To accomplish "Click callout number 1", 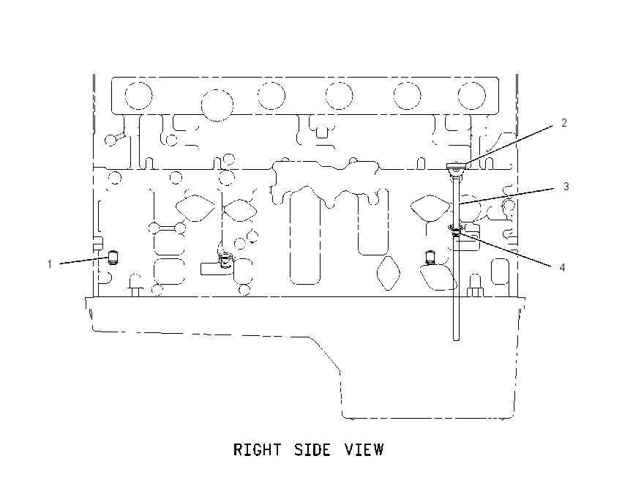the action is coord(50,264).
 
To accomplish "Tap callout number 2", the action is coord(564,123).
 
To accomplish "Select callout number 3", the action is coord(566,187).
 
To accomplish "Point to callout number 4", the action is coord(562,268).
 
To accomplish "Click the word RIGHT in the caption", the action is coord(258,449).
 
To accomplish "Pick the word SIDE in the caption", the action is coord(312,449).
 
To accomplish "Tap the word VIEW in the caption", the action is coord(364,449).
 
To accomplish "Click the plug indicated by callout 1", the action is coord(113,258).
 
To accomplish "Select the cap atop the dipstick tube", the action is coord(457,166).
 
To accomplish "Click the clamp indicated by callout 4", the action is coord(456,229).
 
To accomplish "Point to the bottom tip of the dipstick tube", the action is coord(456,340).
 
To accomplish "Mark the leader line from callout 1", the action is coord(83,261).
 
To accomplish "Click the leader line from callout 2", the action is coord(509,145).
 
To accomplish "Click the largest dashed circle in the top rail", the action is coord(217,105).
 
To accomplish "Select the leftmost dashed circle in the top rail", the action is coord(138,96).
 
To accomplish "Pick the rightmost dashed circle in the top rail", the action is coord(472,96).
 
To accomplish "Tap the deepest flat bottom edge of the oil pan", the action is coord(427,418).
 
